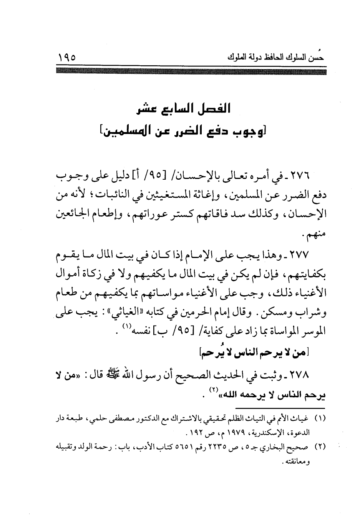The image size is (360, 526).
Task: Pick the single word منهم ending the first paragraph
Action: point(316,235)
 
